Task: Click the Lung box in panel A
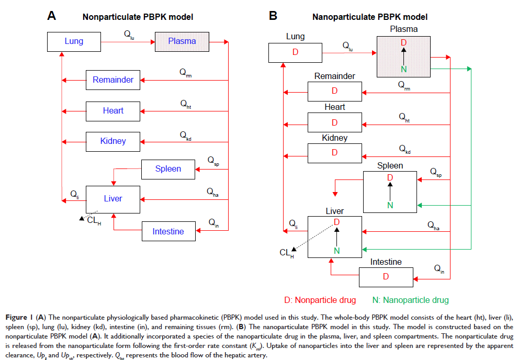coord(74,41)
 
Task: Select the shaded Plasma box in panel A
coord(182,41)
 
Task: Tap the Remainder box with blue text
coord(113,80)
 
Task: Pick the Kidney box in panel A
coord(113,141)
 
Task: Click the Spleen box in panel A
coord(168,168)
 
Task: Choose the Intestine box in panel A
coord(168,231)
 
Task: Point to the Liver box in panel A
coord(113,199)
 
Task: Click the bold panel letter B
coord(273,16)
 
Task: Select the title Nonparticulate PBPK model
coord(138,17)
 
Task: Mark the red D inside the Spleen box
coord(390,178)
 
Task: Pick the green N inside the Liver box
coord(336,251)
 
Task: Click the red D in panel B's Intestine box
coord(386,276)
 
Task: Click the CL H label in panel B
coord(286,253)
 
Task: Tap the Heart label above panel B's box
coord(335,107)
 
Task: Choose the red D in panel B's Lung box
coord(296,52)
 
